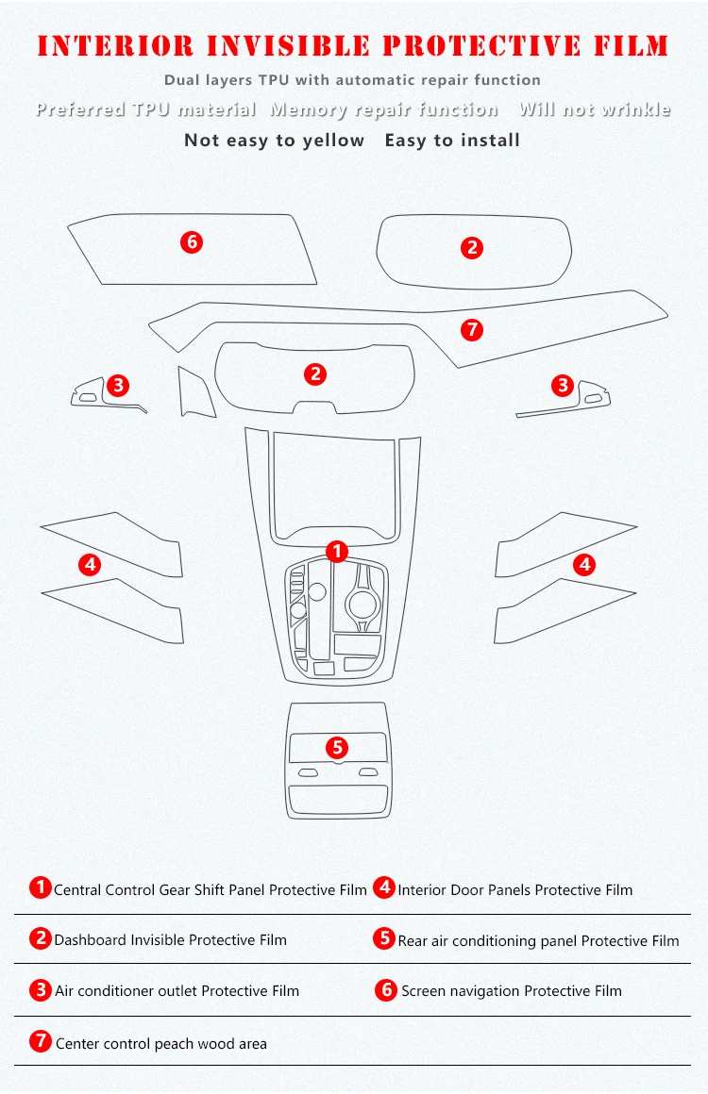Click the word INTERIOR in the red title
click(x=115, y=46)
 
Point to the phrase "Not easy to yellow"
click(x=275, y=141)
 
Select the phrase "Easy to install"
click(x=452, y=141)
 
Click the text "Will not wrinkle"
click(x=595, y=109)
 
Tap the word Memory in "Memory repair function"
click(x=308, y=110)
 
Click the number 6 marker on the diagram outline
click(x=192, y=242)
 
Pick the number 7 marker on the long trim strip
click(x=472, y=329)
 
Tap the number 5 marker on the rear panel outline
click(x=337, y=747)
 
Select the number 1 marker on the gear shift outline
click(x=337, y=552)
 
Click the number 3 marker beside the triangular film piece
click(x=118, y=385)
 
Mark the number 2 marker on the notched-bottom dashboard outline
click(x=315, y=374)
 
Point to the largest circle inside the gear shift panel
click(x=362, y=604)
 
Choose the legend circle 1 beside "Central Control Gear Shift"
click(x=41, y=887)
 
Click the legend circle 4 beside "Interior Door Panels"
click(x=384, y=887)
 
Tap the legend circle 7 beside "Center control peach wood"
click(x=41, y=1042)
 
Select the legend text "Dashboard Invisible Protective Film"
click(x=170, y=940)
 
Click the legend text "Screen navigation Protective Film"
click(x=511, y=991)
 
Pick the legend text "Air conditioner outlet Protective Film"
click(x=177, y=991)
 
